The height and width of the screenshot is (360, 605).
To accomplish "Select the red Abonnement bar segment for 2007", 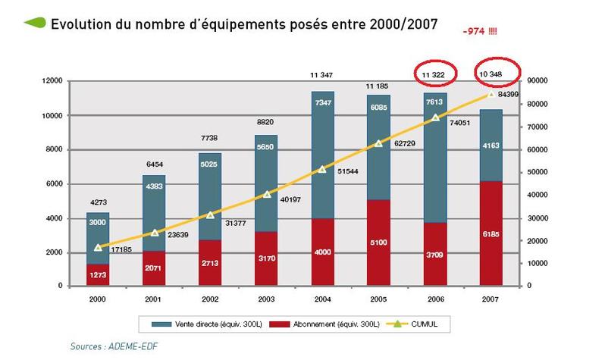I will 491,233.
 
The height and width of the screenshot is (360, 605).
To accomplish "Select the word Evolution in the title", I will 76,23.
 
